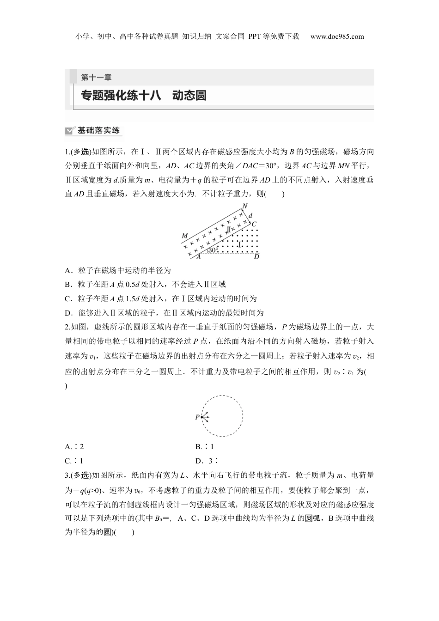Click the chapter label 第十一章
[x=96, y=78]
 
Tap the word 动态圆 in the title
[x=189, y=96]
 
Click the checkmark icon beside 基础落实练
[x=70, y=131]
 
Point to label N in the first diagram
[x=244, y=206]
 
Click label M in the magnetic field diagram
[x=185, y=236]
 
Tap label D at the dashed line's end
[x=256, y=256]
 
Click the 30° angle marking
[x=213, y=250]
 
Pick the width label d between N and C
[x=250, y=216]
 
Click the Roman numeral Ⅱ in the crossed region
[x=228, y=229]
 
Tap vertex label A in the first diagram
[x=198, y=257]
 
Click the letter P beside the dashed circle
[x=197, y=417]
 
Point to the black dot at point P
[x=202, y=417]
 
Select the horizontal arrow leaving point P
[x=207, y=417]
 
